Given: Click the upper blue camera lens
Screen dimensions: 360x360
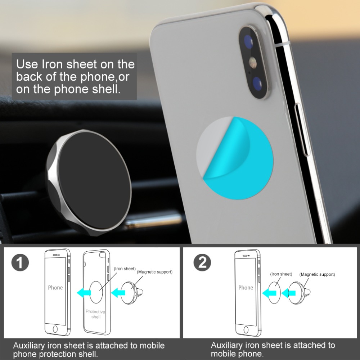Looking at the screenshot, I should [x=248, y=41].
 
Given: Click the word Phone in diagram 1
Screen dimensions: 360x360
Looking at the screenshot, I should [x=55, y=288].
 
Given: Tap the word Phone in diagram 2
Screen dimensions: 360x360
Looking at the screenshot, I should [x=246, y=288].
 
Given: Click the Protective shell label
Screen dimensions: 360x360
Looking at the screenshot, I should [x=95, y=314].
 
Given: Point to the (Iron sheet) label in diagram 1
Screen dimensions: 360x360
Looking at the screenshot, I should [x=124, y=269].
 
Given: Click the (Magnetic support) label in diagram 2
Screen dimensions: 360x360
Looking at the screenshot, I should [x=317, y=274].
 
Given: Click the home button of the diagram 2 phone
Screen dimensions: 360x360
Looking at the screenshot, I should [x=246, y=329].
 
